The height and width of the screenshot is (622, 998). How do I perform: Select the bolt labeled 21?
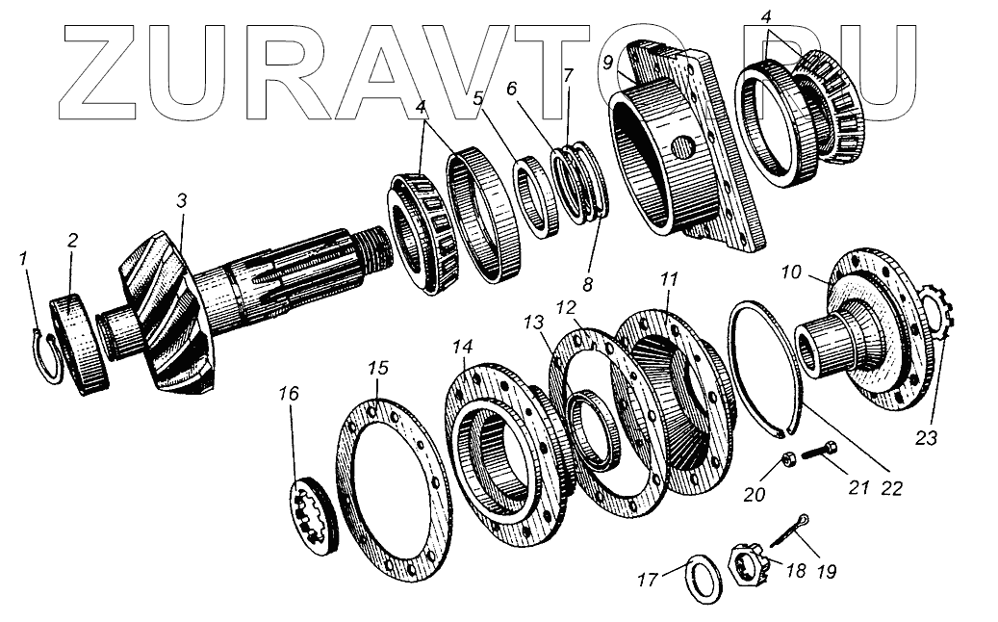click(x=819, y=449)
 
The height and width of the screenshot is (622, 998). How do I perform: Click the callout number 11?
click(x=669, y=280)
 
